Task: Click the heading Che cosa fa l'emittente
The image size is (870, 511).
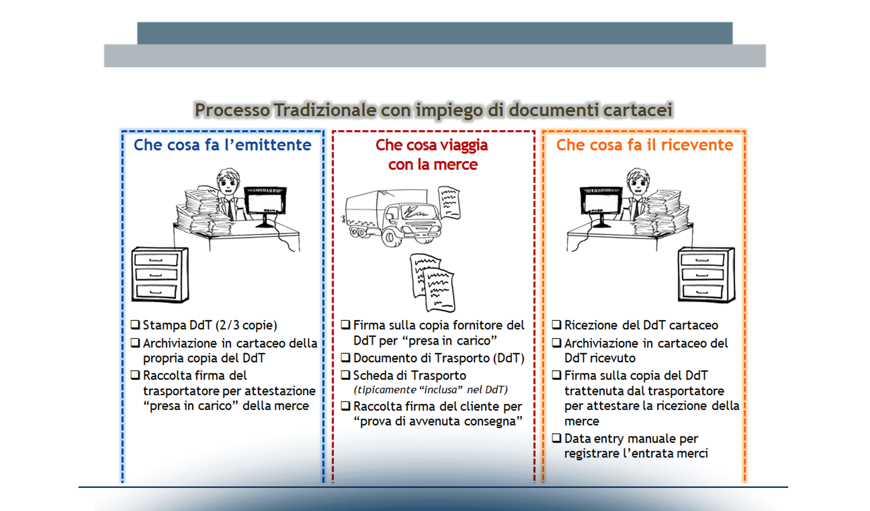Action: pos(222,145)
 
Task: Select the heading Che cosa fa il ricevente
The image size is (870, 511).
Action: pos(644,145)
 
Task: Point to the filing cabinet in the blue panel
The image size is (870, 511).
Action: pos(159,275)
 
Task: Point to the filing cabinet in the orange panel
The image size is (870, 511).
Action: pos(706,275)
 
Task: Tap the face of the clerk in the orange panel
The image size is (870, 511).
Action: pos(638,183)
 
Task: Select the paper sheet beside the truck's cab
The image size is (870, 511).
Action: pos(449,202)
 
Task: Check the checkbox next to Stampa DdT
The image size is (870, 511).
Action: pos(135,325)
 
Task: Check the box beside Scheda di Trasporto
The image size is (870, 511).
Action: pos(345,375)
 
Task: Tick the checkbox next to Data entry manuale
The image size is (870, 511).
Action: pos(557,438)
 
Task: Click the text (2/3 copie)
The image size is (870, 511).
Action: pos(246,325)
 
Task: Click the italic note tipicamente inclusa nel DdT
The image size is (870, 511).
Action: pos(430,390)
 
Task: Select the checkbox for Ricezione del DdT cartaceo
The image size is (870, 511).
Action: pos(557,325)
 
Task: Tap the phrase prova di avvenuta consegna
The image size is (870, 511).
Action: pos(438,422)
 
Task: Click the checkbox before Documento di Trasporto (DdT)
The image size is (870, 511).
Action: pos(345,358)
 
